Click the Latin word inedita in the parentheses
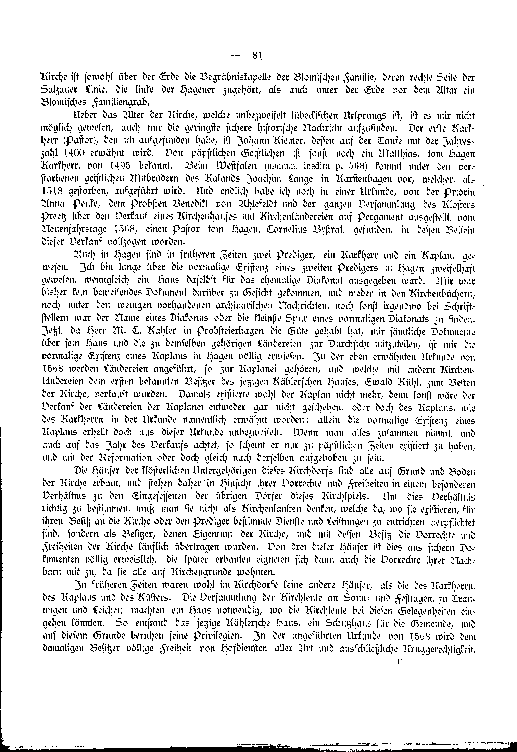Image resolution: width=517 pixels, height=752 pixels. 318,167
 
